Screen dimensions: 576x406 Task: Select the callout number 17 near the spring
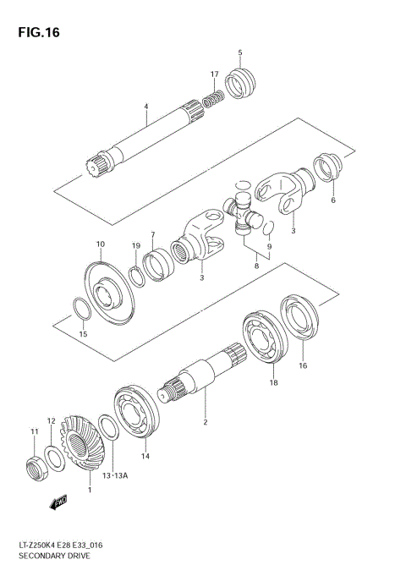pyautogui.click(x=215, y=74)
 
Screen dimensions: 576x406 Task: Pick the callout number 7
pyautogui.click(x=153, y=234)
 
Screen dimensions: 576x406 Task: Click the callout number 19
pyautogui.click(x=135, y=245)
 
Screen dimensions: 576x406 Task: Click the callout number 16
pyautogui.click(x=302, y=366)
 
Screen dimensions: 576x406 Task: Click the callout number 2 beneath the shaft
pyautogui.click(x=203, y=420)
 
